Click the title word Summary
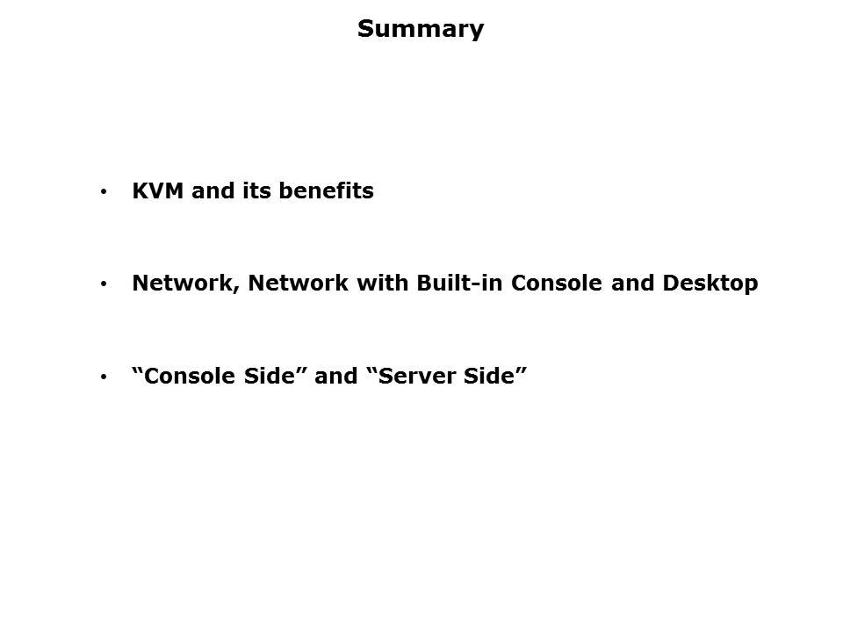tap(421, 30)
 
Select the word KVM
tap(158, 190)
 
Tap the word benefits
tap(327, 190)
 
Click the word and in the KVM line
tap(213, 190)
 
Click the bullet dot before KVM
tap(104, 191)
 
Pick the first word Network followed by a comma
tap(186, 284)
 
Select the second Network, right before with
tap(298, 284)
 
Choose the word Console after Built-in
tap(557, 284)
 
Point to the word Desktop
tap(710, 284)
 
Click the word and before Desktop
tap(632, 284)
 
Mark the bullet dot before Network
tap(104, 284)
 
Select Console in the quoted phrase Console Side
tap(190, 376)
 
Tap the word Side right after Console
tap(270, 376)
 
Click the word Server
tap(416, 376)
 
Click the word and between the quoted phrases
tap(336, 376)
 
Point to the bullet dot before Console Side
tap(104, 377)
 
